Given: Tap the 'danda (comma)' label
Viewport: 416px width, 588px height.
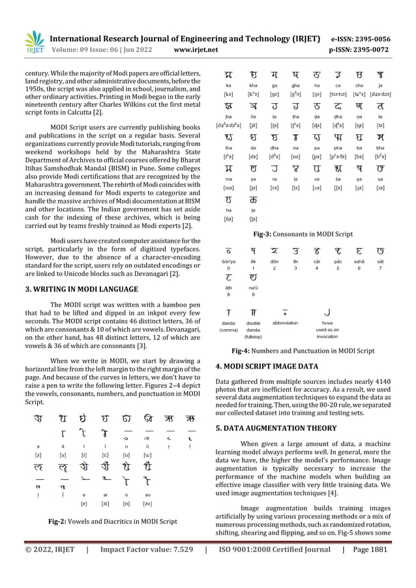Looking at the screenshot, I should (229, 327).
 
